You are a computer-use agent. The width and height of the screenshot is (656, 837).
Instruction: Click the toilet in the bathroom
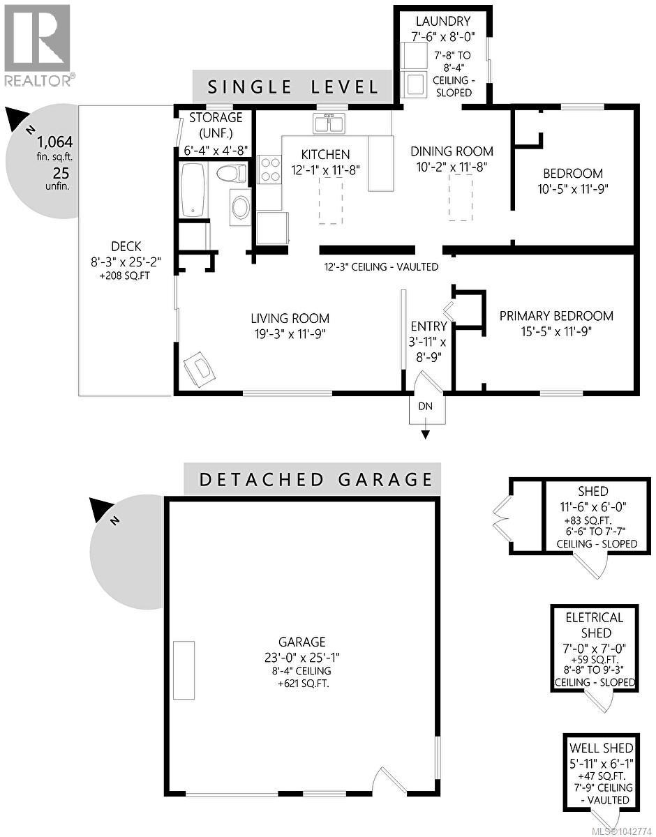tap(232, 174)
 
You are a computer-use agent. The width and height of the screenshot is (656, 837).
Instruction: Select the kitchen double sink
tap(329, 123)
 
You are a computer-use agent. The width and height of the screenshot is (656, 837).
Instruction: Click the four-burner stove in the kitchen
tap(269, 170)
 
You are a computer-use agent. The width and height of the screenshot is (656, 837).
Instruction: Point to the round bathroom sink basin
tap(240, 207)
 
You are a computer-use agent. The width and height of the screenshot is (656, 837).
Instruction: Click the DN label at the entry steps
tap(425, 406)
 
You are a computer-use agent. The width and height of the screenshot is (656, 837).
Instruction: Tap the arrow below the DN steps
tap(425, 430)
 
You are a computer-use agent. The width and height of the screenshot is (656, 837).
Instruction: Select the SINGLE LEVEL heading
tap(292, 87)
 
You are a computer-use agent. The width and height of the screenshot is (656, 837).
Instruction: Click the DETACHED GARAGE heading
tap(316, 480)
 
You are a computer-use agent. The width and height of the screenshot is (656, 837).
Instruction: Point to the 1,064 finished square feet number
tap(54, 142)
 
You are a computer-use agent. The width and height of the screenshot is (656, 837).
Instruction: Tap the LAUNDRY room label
tap(443, 21)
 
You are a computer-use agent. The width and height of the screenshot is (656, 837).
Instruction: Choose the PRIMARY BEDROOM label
tap(556, 316)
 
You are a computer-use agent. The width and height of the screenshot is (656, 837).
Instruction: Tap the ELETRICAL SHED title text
tap(595, 625)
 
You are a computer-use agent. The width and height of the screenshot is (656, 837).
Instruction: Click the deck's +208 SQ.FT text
tap(125, 276)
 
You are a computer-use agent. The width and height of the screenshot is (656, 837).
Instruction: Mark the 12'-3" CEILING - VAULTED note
tap(381, 266)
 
